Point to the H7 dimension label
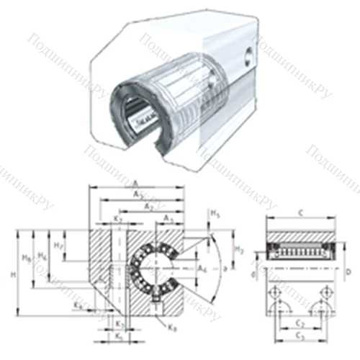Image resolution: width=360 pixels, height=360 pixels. pos(61,246)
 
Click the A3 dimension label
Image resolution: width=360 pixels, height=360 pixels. pos(167,218)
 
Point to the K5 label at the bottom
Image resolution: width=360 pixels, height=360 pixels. pos(120,336)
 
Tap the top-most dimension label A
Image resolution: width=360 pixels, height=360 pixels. pos(136,183)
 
